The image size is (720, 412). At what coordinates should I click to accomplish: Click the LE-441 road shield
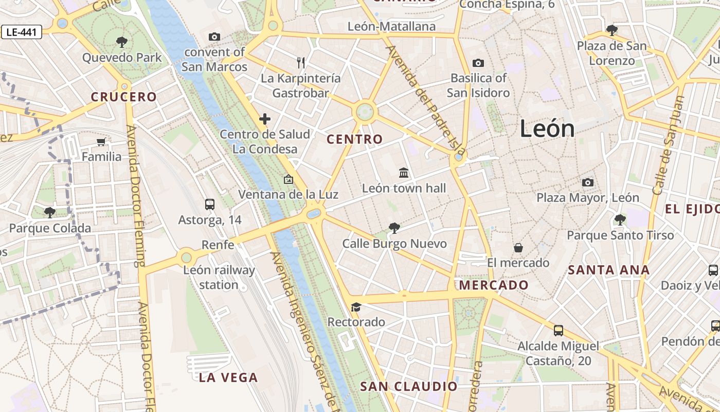[x=22, y=32]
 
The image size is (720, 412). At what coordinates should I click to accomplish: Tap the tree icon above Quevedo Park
[x=122, y=42]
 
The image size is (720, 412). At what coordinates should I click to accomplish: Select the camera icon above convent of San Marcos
[x=214, y=37]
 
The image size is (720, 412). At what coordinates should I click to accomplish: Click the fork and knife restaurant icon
[x=301, y=63]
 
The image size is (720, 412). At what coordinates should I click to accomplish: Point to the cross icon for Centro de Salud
[x=265, y=119]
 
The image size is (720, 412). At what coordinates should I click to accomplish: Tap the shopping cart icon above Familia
[x=101, y=142]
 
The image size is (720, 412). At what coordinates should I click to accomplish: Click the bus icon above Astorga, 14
[x=210, y=204]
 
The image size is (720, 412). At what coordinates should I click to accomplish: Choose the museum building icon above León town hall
[x=404, y=173]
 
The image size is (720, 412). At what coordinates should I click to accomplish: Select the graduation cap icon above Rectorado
[x=356, y=307]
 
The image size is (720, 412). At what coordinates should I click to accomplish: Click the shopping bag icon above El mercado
[x=518, y=248]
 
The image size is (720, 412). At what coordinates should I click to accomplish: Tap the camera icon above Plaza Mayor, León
[x=588, y=182]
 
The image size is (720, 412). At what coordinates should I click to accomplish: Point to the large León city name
[x=547, y=128]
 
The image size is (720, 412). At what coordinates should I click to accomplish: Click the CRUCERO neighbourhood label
[x=123, y=97]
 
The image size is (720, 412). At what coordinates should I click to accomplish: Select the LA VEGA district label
[x=228, y=377]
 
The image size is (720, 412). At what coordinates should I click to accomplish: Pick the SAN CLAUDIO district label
[x=408, y=386]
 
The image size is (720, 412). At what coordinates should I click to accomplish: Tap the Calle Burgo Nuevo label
[x=394, y=244]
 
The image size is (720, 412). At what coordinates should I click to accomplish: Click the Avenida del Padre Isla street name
[x=425, y=101]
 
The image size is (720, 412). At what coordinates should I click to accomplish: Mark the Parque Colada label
[x=50, y=228]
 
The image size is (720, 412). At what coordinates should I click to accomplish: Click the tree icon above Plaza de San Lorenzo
[x=612, y=30]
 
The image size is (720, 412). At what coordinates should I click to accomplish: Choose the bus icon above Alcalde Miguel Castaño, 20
[x=559, y=330]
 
